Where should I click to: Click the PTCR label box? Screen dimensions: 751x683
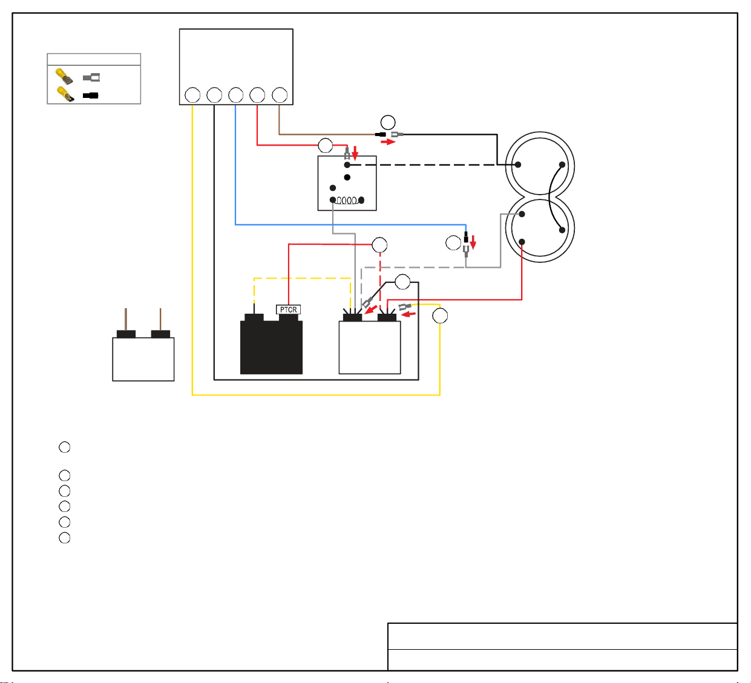coord(288,309)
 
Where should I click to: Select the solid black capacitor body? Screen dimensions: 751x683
coord(271,347)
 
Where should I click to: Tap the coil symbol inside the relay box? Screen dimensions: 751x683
coord(347,201)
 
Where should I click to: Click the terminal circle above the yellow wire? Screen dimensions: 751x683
coord(192,95)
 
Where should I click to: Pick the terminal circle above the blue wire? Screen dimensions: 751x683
coord(235,95)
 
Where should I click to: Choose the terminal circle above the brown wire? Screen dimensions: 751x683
coord(280,95)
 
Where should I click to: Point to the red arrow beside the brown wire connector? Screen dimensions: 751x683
coord(388,142)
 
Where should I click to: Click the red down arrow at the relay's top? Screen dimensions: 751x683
coord(355,152)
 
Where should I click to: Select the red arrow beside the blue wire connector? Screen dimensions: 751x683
coord(473,242)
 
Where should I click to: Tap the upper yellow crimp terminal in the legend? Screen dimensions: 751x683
coord(64,76)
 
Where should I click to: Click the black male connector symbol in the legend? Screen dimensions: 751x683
coord(90,95)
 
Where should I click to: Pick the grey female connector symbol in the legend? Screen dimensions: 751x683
coord(91,77)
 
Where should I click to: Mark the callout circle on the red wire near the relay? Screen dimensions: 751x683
coord(325,146)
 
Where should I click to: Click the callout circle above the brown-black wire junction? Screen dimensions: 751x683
coord(387,122)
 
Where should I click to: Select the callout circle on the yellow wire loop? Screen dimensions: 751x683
coord(439,316)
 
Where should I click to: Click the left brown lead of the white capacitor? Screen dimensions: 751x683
coord(126,319)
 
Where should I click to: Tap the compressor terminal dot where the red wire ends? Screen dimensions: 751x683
coord(522,242)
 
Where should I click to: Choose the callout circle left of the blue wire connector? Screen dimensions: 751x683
coord(453,243)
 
